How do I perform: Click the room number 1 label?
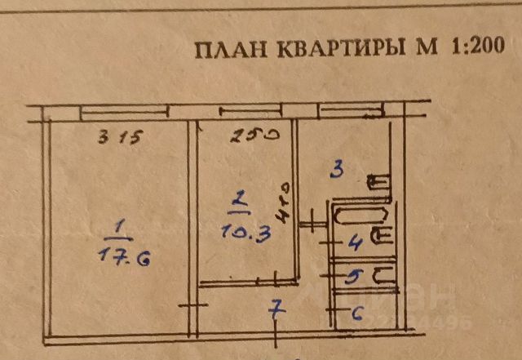point(121,224)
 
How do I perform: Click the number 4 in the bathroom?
point(355,242)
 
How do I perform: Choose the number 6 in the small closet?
point(356,312)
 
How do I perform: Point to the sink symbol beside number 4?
point(382,238)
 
